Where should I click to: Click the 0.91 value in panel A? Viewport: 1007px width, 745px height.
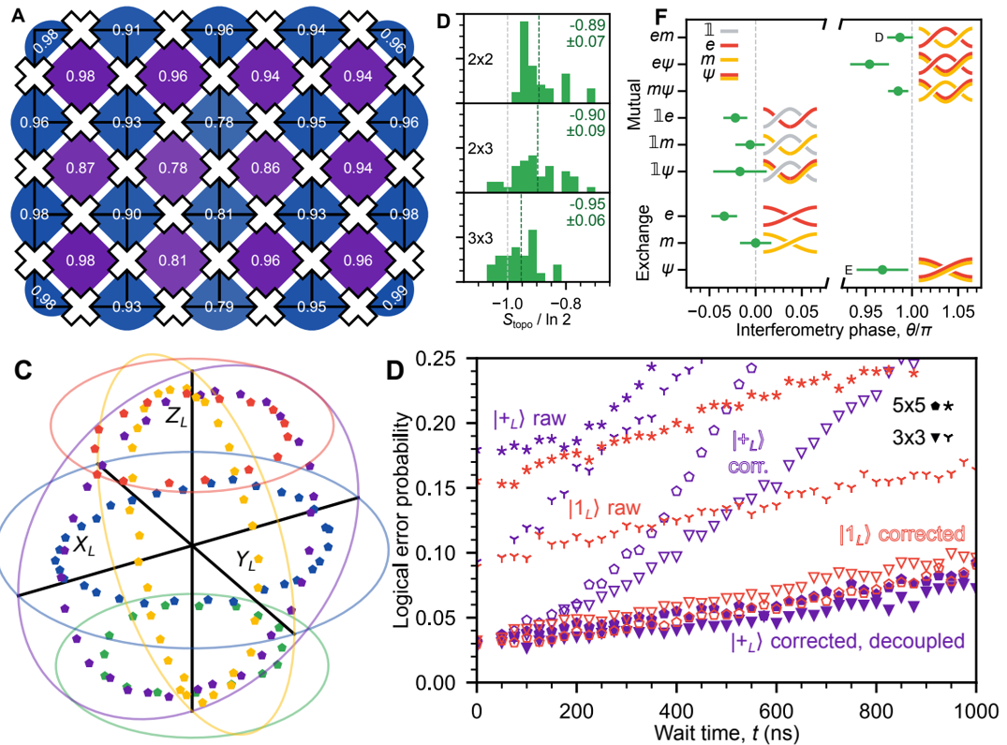pos(127,29)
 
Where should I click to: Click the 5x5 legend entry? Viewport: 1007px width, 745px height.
pos(911,405)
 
